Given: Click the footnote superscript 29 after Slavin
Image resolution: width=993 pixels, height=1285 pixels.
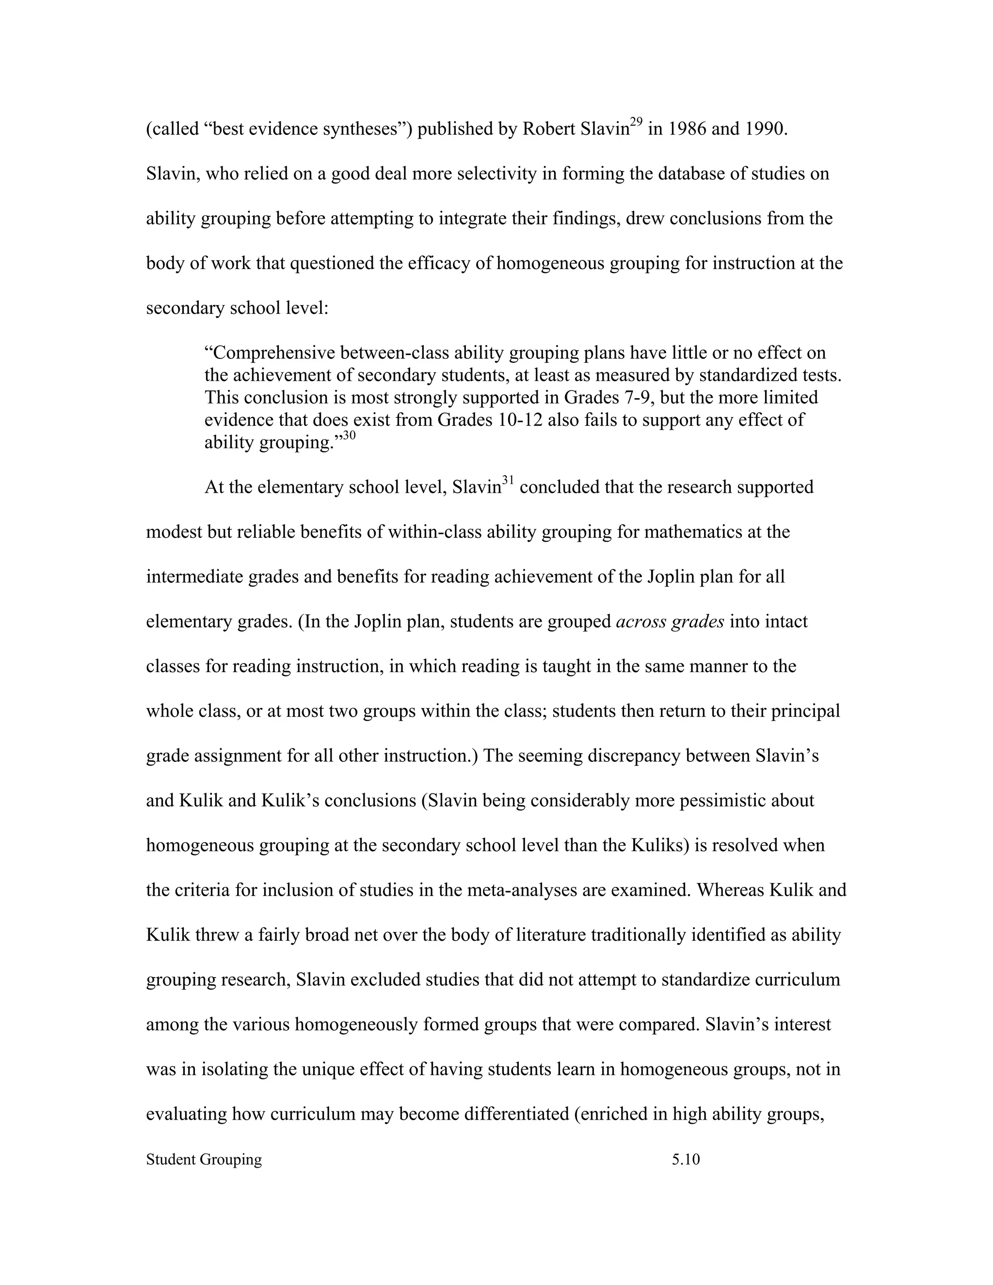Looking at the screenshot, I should coord(636,122).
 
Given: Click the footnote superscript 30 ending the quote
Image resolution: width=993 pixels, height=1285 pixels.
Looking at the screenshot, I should coord(350,435).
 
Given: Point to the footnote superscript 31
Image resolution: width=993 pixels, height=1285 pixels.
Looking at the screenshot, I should coord(508,481).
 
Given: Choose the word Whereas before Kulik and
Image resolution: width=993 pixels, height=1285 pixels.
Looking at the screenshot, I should coord(730,890).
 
